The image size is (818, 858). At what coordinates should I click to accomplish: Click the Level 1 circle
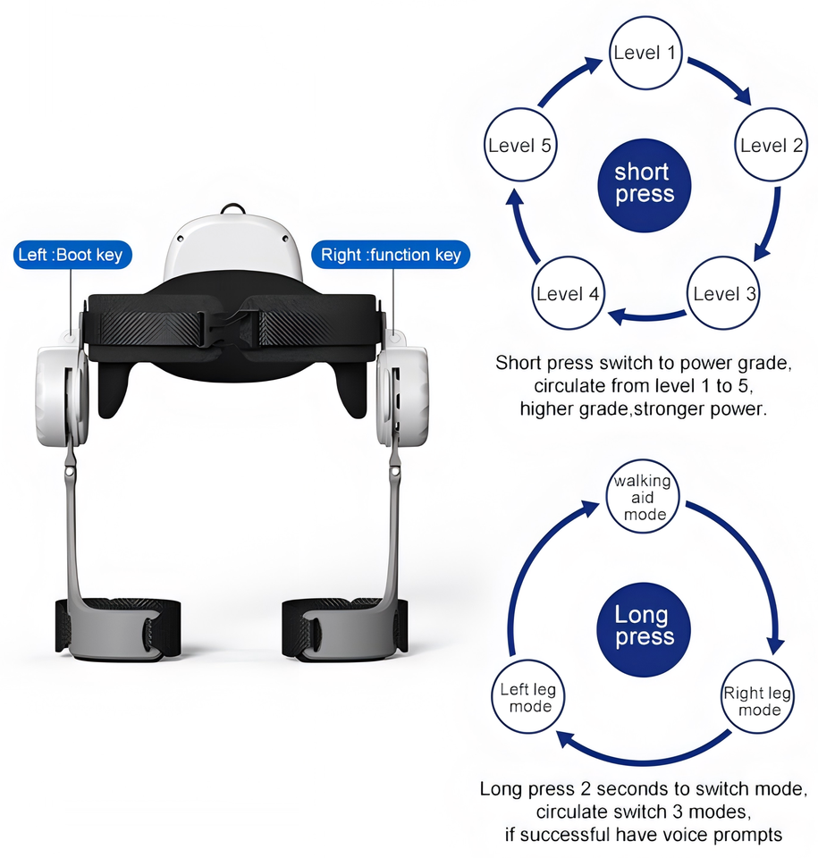click(644, 54)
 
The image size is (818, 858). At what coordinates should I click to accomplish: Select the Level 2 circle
click(771, 146)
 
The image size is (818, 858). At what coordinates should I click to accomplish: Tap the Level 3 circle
click(723, 293)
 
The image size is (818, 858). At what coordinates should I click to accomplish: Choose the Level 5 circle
click(519, 146)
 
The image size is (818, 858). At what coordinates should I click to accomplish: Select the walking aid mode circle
click(642, 497)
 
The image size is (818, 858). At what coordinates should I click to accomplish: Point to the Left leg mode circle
click(527, 697)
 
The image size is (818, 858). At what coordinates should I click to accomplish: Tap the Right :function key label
click(391, 255)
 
